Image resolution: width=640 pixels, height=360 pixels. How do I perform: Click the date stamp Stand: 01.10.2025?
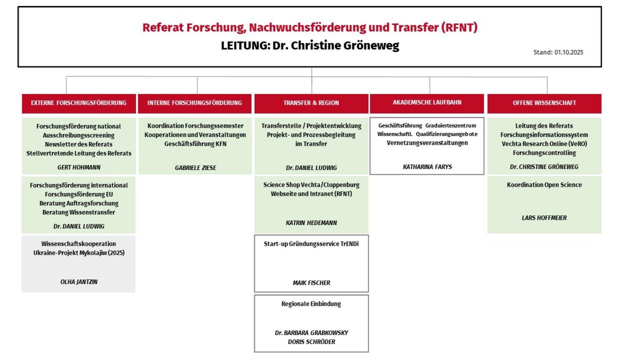(558, 52)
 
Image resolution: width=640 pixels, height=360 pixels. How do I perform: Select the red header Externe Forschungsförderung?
(78, 103)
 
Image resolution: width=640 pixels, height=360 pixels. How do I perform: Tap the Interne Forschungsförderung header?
(195, 103)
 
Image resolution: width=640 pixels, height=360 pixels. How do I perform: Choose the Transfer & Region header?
(311, 103)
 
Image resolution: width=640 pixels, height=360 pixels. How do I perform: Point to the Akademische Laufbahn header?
(427, 102)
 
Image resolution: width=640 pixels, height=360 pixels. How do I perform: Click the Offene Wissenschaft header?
(544, 103)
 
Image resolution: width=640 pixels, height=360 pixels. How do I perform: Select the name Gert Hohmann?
(79, 167)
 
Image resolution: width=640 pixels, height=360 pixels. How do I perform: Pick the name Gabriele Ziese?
(195, 168)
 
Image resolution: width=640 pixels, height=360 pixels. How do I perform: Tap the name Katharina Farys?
(427, 167)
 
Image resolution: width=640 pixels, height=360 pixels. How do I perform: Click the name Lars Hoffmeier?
(544, 218)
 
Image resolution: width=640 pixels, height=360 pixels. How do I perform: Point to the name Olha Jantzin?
(79, 282)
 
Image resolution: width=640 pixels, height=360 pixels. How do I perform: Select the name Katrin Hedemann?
(311, 223)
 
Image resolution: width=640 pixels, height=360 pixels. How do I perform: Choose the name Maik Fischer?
(311, 283)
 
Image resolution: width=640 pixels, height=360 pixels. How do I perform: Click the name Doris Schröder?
(311, 342)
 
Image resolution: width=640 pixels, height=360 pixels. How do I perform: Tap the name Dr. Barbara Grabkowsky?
(311, 333)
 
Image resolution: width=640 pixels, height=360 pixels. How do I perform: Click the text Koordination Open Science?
(544, 185)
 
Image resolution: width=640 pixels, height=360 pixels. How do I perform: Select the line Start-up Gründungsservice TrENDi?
(311, 244)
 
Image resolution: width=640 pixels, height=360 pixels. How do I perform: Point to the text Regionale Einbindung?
(311, 304)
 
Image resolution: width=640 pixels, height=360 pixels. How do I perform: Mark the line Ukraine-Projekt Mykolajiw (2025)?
(79, 253)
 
